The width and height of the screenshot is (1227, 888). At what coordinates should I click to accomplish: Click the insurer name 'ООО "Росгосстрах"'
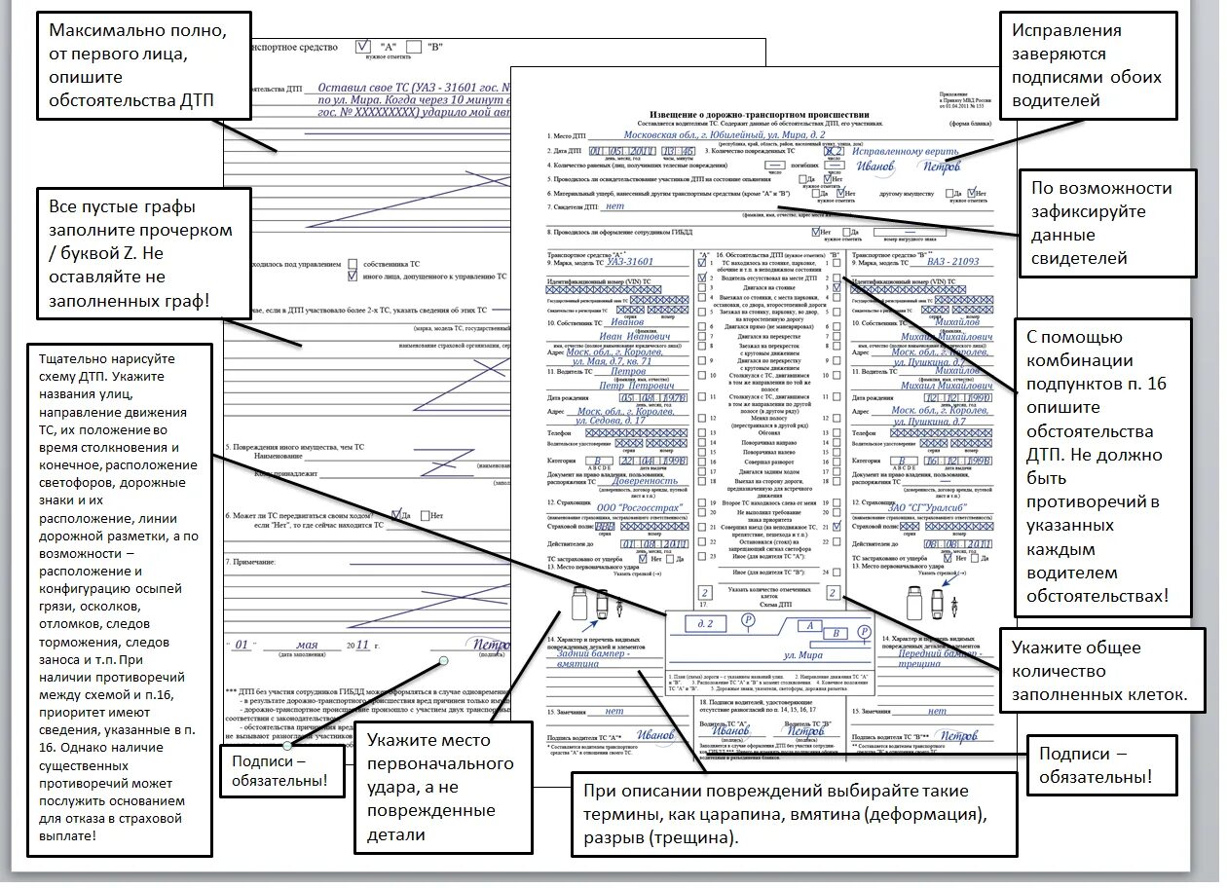[638, 507]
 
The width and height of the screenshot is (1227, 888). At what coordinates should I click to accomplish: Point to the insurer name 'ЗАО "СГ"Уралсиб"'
[941, 507]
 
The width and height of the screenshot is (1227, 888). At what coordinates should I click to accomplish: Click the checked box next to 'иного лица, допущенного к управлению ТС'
[352, 276]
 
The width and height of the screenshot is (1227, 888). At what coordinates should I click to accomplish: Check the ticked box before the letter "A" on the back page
[363, 46]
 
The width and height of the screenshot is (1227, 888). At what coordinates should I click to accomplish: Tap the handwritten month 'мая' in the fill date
[307, 646]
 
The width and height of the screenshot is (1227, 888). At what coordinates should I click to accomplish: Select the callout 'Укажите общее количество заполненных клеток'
[1098, 671]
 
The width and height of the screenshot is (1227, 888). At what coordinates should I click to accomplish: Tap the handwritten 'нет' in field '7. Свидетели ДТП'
[613, 206]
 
